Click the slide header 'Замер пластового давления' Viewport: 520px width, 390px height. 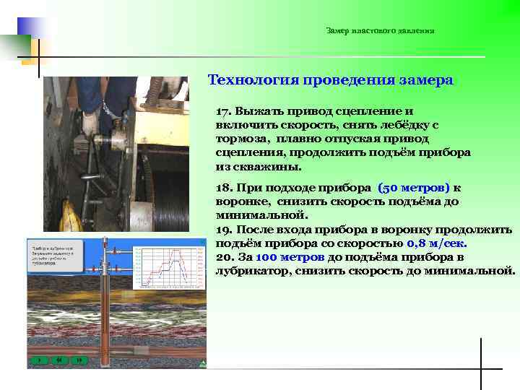click(380, 30)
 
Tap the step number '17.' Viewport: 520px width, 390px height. click(223, 112)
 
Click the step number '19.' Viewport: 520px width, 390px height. click(224, 229)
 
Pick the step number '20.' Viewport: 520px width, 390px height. click(224, 257)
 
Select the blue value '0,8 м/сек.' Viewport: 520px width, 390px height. click(437, 243)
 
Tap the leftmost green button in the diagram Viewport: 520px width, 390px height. click(40, 359)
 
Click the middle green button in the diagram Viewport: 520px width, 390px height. click(59, 359)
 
